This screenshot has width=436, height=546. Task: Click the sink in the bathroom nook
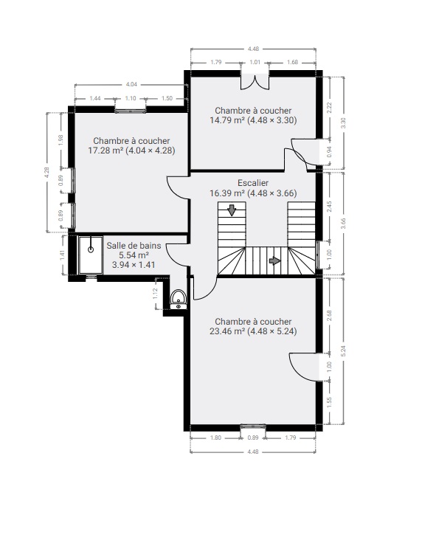[179, 300]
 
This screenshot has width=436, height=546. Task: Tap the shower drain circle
[91, 249]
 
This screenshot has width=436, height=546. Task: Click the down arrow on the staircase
[232, 210]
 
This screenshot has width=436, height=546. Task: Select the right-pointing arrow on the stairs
[274, 260]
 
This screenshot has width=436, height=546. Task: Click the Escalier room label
[253, 183]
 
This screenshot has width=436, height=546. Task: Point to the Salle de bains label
[134, 246]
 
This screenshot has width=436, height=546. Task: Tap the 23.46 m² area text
[227, 331]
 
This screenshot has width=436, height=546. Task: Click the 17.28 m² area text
[105, 151]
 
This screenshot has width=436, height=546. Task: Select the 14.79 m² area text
[227, 120]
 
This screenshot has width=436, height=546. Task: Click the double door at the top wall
[255, 80]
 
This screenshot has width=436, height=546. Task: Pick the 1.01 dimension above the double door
[255, 62]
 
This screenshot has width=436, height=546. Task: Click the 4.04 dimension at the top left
[131, 84]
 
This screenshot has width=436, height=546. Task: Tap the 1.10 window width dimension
[131, 99]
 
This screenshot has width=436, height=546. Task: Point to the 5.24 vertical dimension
[343, 351]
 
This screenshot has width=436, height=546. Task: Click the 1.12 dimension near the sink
[156, 293]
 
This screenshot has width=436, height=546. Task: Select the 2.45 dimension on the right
[330, 207]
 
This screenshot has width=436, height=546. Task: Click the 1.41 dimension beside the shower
[62, 255]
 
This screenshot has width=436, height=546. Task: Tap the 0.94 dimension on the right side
[330, 152]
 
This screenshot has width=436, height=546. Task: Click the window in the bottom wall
[253, 426]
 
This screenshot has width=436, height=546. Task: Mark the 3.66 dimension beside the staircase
[343, 224]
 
